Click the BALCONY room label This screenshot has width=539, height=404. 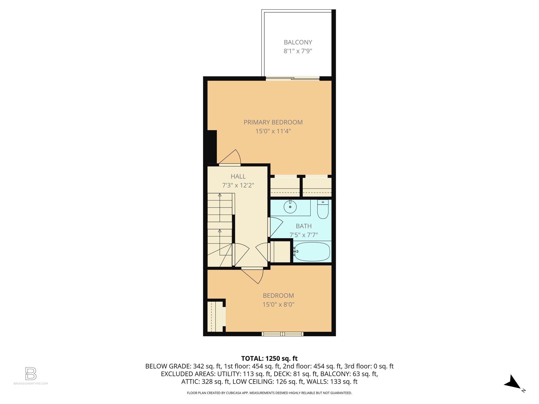point(298,42)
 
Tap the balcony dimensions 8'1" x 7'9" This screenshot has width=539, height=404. point(298,51)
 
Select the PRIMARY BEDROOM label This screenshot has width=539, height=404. point(273,122)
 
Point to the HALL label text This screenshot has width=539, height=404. point(238,176)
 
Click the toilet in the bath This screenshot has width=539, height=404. point(323,210)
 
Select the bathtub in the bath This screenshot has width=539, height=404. point(312,252)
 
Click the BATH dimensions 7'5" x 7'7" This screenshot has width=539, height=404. point(304,235)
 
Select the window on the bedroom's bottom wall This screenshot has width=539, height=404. point(282,334)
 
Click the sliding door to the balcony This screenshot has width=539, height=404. point(292,78)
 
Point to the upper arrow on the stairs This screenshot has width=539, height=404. point(220,195)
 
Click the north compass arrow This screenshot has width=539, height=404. point(512,382)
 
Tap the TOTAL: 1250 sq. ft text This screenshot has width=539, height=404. point(269,358)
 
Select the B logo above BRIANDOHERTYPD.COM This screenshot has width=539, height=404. point(31,373)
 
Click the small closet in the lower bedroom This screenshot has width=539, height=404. point(215,317)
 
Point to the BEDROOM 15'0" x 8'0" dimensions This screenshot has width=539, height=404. point(278,305)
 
